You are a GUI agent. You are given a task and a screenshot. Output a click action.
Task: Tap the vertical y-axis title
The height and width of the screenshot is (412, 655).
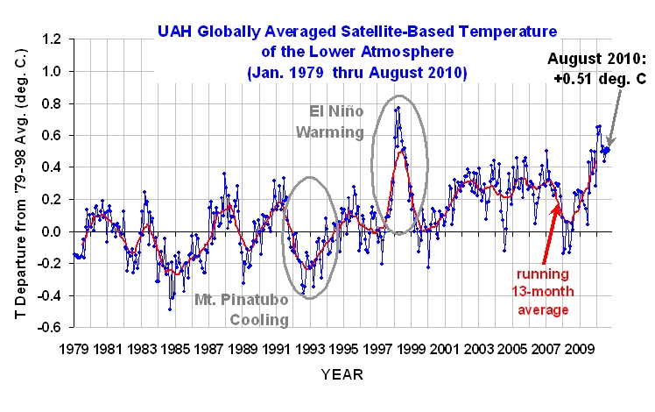click(x=18, y=183)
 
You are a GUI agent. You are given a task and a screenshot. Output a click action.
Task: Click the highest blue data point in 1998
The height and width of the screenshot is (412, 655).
click(x=398, y=108)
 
